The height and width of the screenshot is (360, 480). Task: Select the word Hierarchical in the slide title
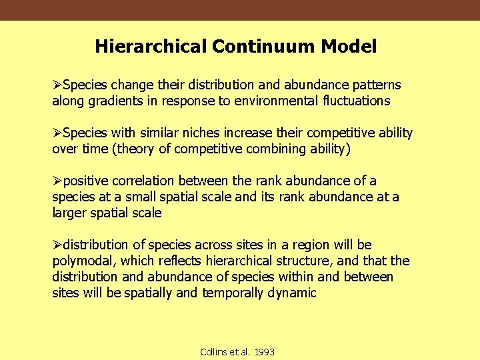(151, 47)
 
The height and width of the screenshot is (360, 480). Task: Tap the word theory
(136, 149)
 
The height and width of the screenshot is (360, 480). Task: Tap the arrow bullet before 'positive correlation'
(57, 181)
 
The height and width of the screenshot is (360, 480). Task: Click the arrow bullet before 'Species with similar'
(57, 133)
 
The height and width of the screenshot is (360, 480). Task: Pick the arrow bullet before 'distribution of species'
(57, 245)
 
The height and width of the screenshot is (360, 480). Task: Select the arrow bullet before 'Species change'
(57, 85)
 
